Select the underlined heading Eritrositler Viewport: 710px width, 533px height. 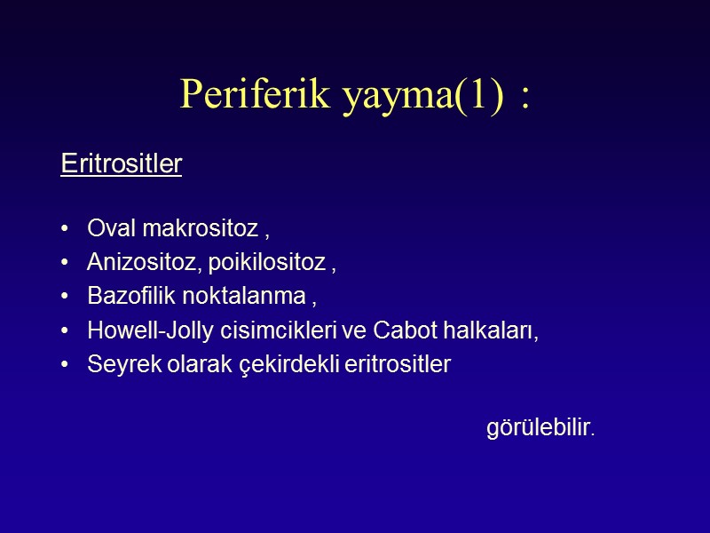121,164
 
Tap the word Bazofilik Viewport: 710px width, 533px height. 129,295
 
